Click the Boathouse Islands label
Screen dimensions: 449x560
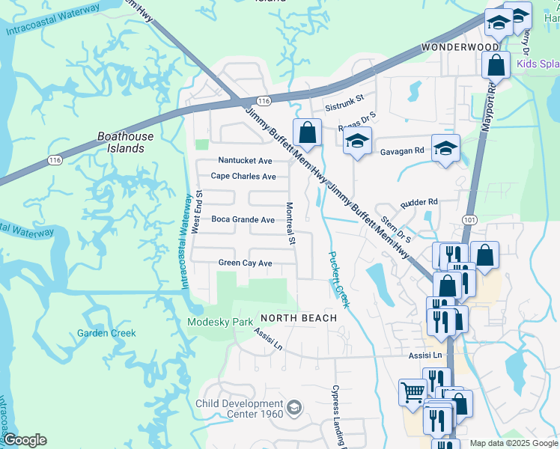[x=126, y=142]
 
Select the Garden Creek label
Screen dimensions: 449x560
[x=107, y=333]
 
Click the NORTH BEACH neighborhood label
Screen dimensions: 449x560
[x=299, y=318]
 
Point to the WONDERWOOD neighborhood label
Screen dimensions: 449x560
[x=460, y=46]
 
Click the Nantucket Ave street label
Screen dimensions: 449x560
[x=245, y=161]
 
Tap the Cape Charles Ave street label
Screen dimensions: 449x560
[x=243, y=177]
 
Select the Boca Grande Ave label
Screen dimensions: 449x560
[x=243, y=220]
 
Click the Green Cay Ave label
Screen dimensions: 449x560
[x=245, y=263]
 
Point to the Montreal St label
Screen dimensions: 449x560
[x=290, y=223]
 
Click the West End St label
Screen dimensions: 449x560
[x=198, y=212]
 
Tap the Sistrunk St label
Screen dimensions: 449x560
[x=344, y=98]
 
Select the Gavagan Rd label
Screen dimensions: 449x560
[x=404, y=150]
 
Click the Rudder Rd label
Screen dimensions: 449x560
[x=419, y=203]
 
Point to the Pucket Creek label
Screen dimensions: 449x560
[x=339, y=279]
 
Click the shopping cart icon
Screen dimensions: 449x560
[x=413, y=391]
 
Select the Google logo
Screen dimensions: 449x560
[x=25, y=440]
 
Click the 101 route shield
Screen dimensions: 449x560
[x=469, y=220]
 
